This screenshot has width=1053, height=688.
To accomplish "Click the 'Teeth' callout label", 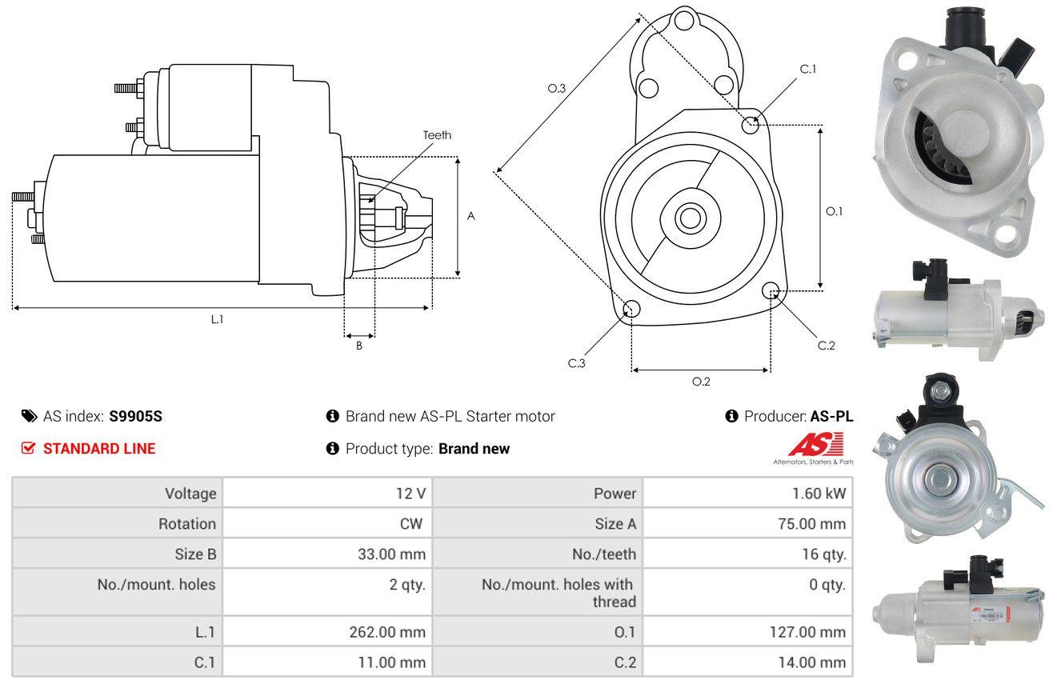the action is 437,135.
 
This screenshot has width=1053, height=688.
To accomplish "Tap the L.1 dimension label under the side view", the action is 217,319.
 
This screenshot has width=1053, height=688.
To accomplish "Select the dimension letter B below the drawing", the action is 359,346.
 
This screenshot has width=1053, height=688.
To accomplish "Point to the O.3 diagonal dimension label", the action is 557,88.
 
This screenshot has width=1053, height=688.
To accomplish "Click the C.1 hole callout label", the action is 807,69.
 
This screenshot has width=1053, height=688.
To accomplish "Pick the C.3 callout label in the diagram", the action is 576,363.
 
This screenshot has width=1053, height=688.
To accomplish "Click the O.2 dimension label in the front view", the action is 701,382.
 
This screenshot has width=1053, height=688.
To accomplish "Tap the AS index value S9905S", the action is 135,416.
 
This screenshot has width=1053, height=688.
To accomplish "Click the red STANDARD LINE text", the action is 99,449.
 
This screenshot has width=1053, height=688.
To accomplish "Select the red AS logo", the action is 816,444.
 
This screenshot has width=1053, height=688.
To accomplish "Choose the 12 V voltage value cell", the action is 410,494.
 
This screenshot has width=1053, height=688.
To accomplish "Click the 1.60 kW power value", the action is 819,494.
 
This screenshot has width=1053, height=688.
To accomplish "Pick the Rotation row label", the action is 187,524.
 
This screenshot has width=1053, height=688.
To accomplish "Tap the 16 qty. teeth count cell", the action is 824,554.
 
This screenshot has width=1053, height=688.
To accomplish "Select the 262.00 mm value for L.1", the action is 387,632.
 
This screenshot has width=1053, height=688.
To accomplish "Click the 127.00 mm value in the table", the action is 807,632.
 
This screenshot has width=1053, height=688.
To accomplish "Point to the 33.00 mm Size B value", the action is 391,554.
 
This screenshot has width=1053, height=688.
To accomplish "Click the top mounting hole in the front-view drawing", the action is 684,21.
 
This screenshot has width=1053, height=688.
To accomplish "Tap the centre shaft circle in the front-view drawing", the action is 690,218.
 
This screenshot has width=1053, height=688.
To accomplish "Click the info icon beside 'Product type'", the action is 332,448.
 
